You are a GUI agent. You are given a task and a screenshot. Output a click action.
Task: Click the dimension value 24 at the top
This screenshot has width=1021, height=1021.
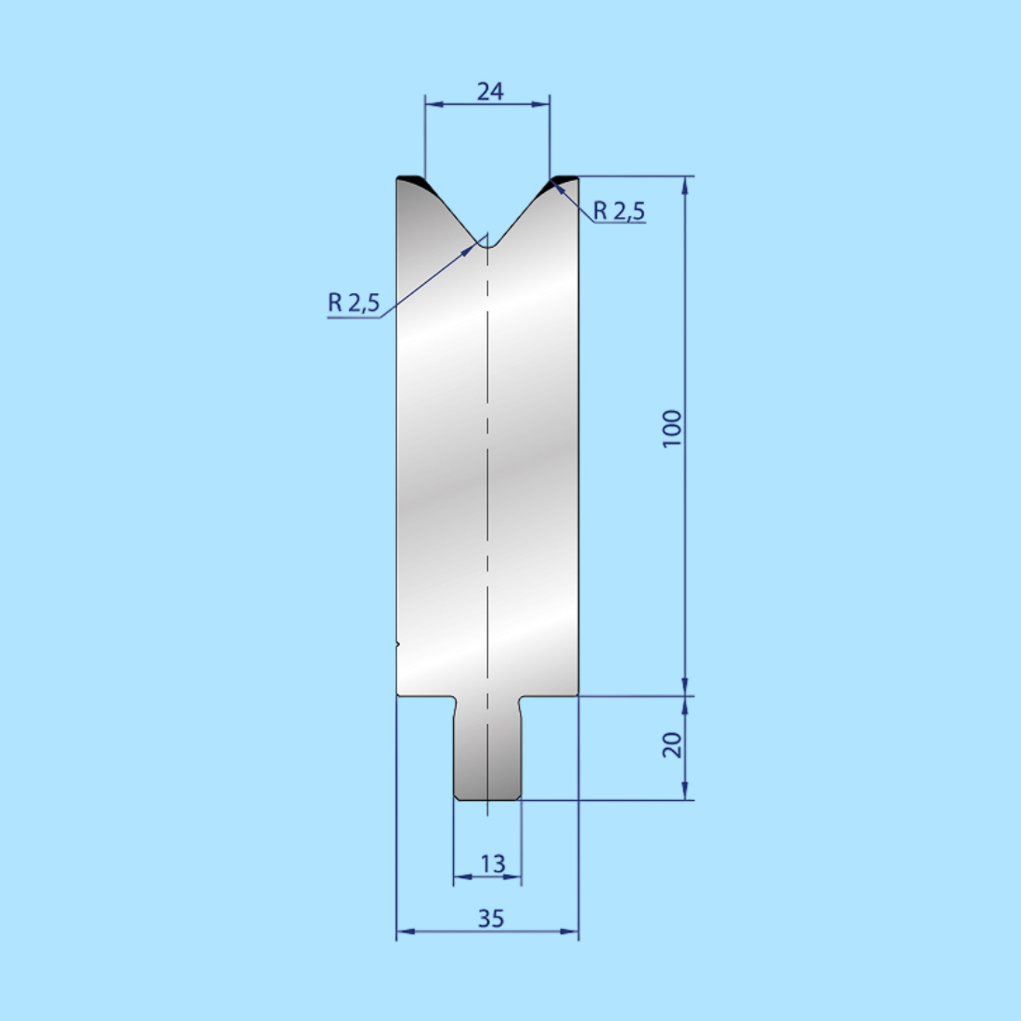[490, 91]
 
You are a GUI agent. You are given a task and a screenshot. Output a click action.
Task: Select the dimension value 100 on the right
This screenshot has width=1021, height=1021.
[672, 428]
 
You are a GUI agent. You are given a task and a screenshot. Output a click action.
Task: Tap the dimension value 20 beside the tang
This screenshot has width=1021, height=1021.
[672, 744]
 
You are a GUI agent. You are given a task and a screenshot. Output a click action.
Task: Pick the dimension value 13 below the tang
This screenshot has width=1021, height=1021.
[492, 864]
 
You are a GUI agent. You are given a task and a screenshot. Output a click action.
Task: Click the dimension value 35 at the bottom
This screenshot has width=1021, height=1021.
[491, 918]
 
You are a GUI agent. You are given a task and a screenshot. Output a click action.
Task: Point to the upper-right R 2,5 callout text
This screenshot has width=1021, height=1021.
[618, 212]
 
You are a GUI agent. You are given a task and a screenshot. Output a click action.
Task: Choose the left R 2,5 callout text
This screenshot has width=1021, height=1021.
[354, 303]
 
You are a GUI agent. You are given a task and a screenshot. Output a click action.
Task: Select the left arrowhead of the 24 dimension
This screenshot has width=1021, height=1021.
[431, 105]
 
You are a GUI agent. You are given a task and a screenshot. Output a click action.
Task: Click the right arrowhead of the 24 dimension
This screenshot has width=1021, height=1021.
[543, 105]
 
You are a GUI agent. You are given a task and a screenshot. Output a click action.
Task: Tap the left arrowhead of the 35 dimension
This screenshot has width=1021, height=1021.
[403, 931]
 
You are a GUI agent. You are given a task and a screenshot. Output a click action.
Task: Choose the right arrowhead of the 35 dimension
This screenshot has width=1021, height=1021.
[572, 931]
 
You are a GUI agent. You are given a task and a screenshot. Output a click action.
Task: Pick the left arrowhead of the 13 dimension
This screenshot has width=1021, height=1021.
[459, 877]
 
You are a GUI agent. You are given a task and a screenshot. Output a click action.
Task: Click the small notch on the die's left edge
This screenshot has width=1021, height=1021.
[397, 641]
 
